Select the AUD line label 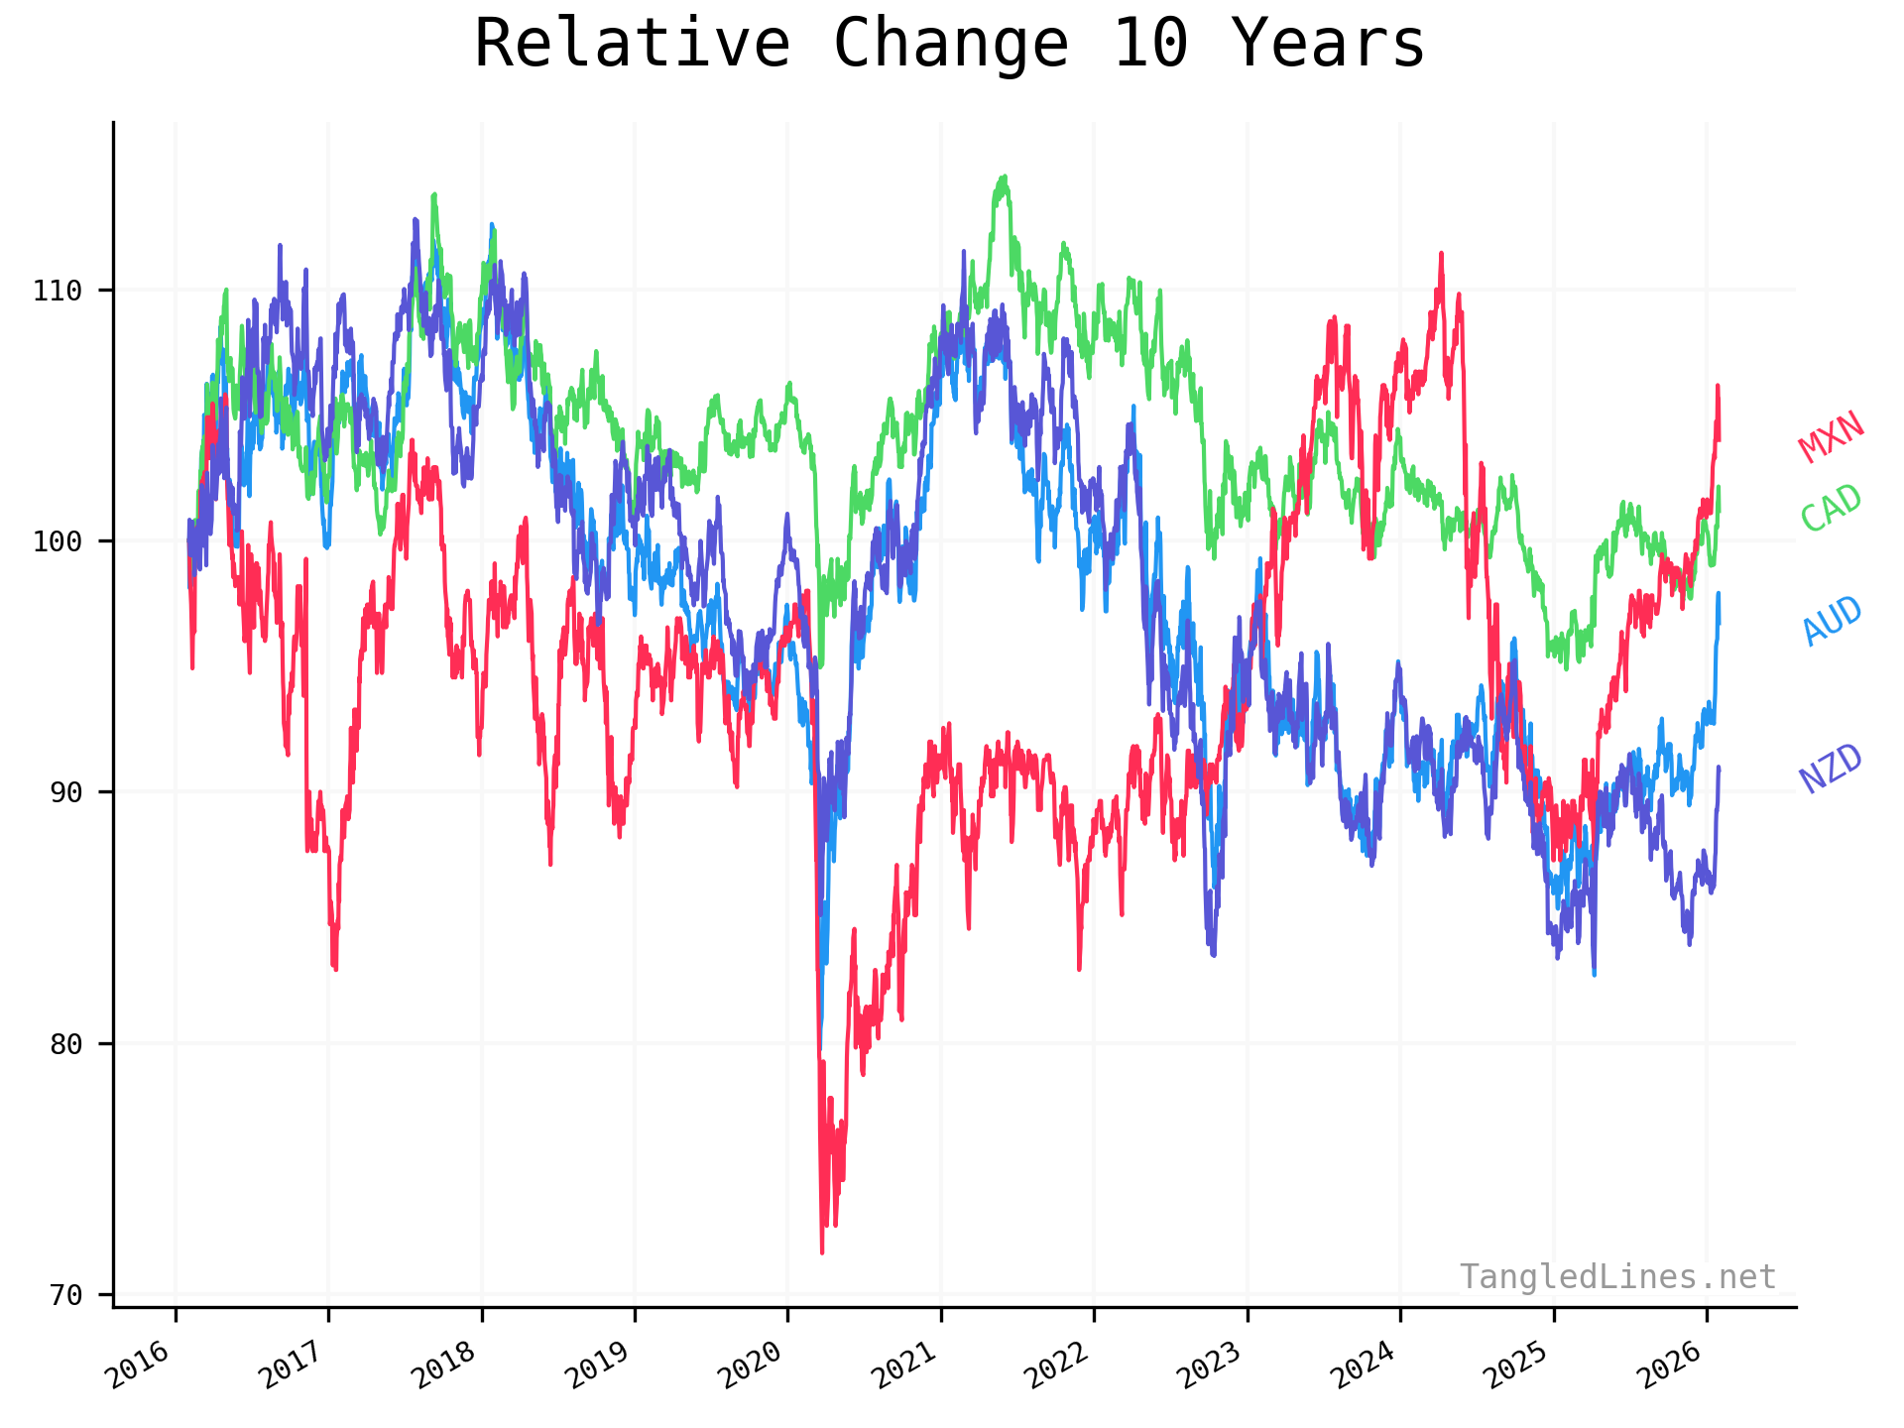(1832, 621)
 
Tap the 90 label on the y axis (65, 792)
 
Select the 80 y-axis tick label (65, 1044)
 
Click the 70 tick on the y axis (65, 1295)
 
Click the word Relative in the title (632, 45)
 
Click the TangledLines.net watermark (1617, 1277)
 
